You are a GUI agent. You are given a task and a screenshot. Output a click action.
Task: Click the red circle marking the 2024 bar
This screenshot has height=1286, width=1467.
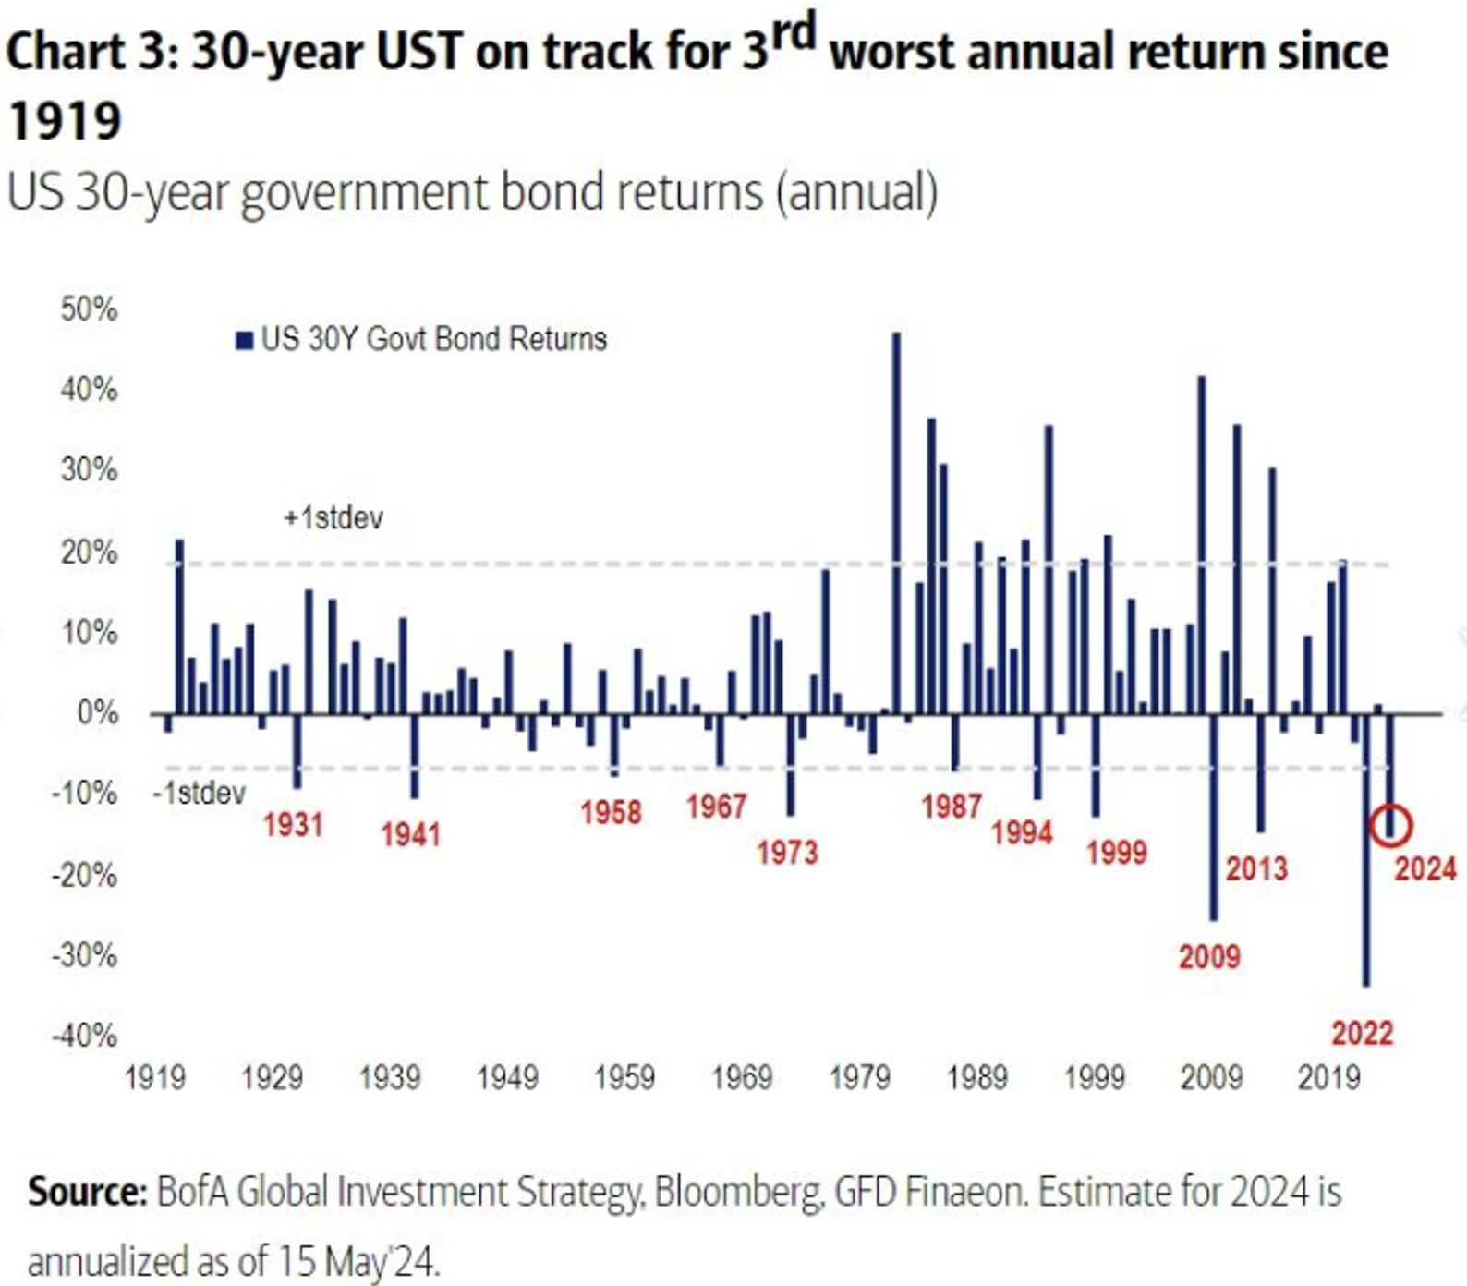click(1391, 824)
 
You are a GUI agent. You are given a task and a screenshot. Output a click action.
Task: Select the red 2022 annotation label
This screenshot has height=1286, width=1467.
click(1362, 1032)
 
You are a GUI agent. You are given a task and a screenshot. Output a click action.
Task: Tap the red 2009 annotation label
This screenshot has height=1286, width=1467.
click(1209, 956)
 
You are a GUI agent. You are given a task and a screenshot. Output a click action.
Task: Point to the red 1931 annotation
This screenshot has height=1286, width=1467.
click(293, 824)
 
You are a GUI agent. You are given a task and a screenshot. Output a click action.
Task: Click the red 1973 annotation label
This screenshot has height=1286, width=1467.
click(787, 852)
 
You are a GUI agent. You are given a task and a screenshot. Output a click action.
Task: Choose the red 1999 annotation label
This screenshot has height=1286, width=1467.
click(1116, 852)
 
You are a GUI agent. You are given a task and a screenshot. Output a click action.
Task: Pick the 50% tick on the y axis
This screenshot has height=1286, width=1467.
click(90, 309)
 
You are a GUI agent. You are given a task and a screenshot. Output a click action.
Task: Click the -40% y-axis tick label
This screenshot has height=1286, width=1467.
click(85, 1036)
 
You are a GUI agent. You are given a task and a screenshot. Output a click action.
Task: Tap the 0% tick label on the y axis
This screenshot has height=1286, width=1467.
click(97, 713)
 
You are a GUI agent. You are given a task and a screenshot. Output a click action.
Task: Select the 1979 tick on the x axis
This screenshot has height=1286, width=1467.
click(859, 1077)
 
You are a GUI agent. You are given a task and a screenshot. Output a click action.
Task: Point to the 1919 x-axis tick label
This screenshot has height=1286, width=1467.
click(154, 1077)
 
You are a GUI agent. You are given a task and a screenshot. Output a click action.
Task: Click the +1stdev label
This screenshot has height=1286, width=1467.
click(333, 517)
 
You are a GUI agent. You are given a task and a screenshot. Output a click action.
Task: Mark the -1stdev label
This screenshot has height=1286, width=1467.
click(200, 794)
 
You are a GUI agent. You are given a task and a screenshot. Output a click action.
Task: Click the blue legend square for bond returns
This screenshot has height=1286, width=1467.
click(245, 341)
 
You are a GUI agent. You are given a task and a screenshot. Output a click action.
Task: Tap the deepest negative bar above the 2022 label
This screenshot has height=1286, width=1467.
click(1366, 850)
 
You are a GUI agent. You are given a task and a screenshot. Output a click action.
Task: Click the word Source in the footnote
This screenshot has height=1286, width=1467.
click(88, 1192)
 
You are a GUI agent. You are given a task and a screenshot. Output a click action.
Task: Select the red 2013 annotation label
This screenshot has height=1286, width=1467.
click(1256, 868)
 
